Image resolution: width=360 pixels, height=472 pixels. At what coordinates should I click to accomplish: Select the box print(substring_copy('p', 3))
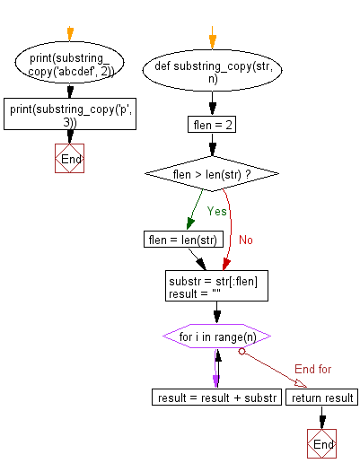(x=69, y=115)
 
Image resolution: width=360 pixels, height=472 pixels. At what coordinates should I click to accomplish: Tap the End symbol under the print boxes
(x=69, y=159)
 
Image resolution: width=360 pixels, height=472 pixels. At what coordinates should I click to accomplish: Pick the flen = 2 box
(x=213, y=125)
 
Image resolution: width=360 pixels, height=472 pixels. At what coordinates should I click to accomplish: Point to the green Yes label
(x=217, y=212)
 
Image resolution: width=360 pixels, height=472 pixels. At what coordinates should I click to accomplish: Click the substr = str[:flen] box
(x=216, y=287)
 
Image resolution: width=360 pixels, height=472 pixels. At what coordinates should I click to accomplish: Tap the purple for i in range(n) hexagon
(x=216, y=337)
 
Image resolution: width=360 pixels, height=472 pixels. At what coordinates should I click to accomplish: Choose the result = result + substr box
(x=216, y=397)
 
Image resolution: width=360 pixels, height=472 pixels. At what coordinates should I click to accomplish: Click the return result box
(x=320, y=397)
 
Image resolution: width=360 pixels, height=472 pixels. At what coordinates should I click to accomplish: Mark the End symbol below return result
(x=320, y=443)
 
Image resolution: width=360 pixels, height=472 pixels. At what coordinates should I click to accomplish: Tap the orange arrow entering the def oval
(x=213, y=39)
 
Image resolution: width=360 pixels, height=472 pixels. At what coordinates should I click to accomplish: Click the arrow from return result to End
(x=320, y=417)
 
